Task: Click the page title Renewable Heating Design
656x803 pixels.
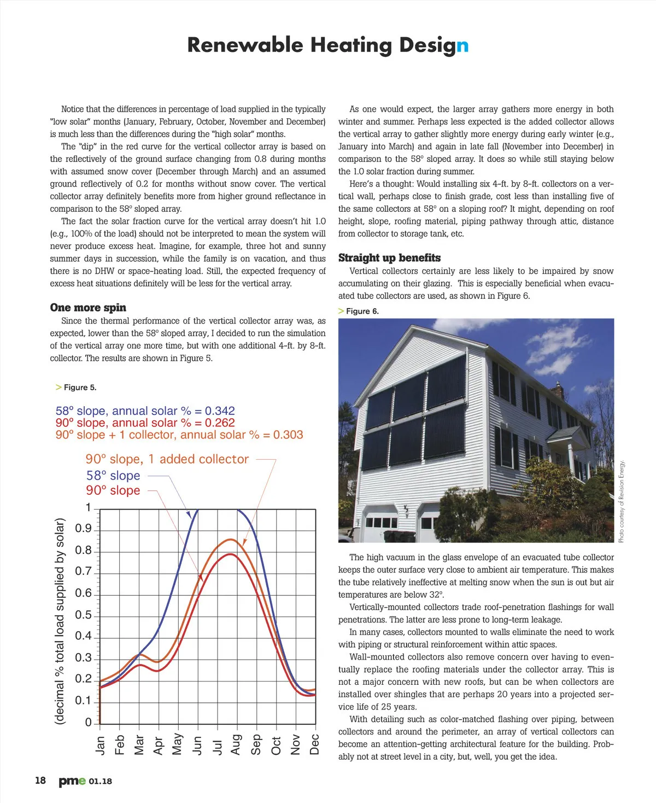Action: coord(327,45)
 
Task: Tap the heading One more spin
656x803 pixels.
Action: coord(88,308)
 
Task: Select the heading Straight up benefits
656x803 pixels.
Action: coord(389,258)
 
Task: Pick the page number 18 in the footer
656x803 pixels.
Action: coord(40,781)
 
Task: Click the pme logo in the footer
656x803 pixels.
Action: coord(72,781)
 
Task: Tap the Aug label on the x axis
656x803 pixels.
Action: coord(236,744)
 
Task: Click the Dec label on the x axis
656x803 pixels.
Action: coord(315,744)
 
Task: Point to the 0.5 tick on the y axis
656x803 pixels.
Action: coord(83,615)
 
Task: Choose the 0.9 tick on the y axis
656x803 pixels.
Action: coord(83,529)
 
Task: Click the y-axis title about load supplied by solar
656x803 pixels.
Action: coord(60,621)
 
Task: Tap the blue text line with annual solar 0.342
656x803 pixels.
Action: coord(145,411)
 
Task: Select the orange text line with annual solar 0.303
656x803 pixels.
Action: coord(179,435)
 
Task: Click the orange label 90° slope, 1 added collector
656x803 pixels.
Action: coord(167,459)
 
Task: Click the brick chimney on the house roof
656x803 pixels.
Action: coord(558,390)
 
